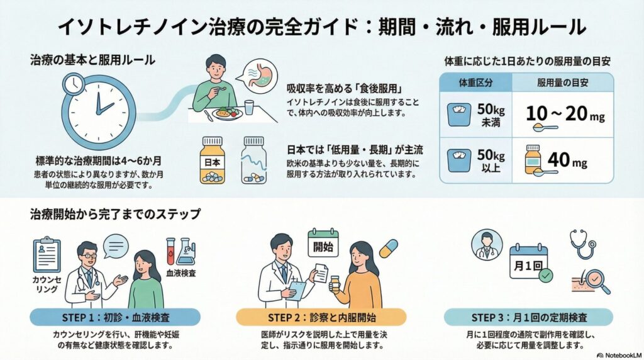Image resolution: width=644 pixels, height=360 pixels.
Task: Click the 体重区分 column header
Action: [x=475, y=82]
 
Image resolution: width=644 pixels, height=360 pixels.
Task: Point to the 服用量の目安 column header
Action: [x=562, y=82]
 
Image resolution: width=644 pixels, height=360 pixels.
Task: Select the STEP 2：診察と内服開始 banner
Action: [x=321, y=316]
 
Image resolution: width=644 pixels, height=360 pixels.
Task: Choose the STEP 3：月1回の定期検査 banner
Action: [x=528, y=316]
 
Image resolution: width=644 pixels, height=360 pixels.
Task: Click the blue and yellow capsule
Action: [x=387, y=248]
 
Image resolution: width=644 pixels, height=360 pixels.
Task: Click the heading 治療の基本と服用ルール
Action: [x=93, y=60]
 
